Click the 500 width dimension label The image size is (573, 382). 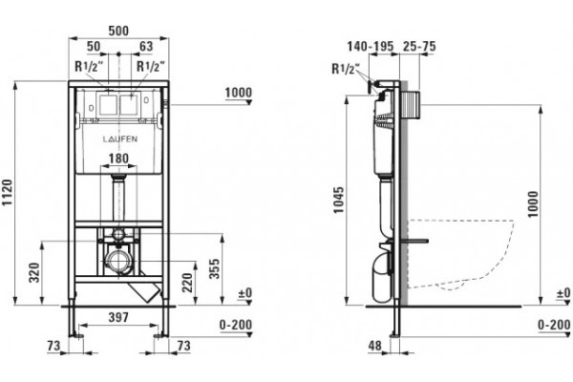click(x=118, y=31)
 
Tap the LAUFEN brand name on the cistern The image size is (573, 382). click(x=120, y=138)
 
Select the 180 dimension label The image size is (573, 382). click(x=119, y=159)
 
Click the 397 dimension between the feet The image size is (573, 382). click(x=119, y=317)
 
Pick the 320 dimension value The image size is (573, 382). click(x=34, y=272)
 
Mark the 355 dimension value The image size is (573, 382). click(x=215, y=268)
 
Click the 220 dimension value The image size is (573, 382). click(x=187, y=283)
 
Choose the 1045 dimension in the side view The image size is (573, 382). click(x=339, y=200)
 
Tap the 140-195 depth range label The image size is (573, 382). click(x=371, y=47)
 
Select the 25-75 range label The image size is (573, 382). click(x=419, y=47)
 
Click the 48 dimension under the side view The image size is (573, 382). click(x=375, y=346)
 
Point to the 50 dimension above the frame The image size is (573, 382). click(x=94, y=47)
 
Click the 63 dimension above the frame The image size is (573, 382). click(x=146, y=47)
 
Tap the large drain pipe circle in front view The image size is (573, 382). click(x=117, y=262)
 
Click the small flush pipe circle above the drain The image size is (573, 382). click(x=118, y=234)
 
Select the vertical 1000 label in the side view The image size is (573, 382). click(x=533, y=204)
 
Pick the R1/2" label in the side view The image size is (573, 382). click(x=346, y=69)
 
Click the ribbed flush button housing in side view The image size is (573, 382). click(x=410, y=105)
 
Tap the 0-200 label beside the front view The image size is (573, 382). click(x=236, y=325)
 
